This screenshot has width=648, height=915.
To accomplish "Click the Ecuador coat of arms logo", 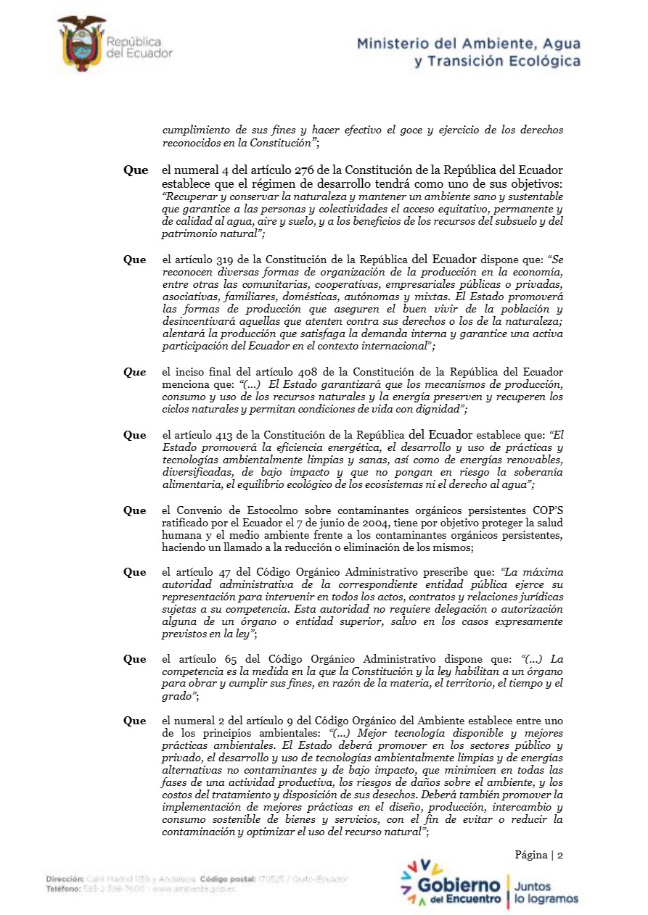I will click(x=81, y=43).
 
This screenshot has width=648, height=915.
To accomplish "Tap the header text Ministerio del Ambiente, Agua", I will click(x=469, y=44).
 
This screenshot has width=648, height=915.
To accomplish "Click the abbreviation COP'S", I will click(x=543, y=510).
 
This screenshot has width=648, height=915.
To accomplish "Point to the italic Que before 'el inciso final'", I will click(x=134, y=372).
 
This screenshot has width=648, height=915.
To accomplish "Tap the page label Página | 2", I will click(x=539, y=855).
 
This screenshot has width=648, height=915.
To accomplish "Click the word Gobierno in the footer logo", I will click(x=459, y=886).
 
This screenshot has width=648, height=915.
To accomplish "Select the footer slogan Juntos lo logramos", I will click(x=546, y=893).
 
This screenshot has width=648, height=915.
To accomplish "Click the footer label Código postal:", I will click(x=228, y=879).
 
